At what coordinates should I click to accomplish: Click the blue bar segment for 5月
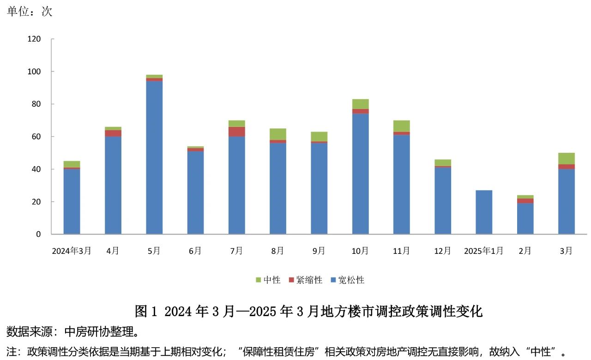coord(154,157)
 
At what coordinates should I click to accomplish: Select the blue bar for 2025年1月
coord(484,212)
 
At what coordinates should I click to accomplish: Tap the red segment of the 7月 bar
coord(236,132)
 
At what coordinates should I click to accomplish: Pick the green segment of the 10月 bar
coord(360,104)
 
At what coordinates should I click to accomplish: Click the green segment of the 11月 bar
coord(401,126)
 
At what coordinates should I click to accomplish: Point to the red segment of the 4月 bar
coord(113,133)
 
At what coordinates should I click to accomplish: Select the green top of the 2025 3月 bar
coord(566,158)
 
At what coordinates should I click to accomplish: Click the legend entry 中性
coord(268,280)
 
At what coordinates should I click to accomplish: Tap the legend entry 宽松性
coord(347,280)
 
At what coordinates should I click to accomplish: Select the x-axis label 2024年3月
coord(72,251)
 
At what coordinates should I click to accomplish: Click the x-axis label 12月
coord(442,251)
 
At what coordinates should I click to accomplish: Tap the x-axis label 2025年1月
coord(483,251)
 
